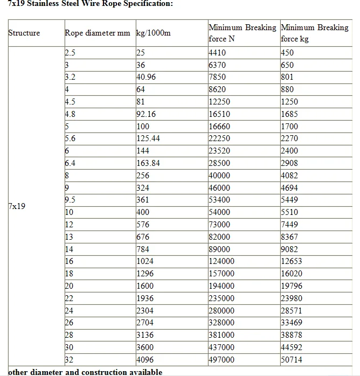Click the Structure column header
click(24, 33)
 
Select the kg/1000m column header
click(154, 33)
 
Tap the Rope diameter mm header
click(98, 33)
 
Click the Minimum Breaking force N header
click(242, 33)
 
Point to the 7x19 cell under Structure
click(17, 206)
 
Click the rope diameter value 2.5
click(70, 52)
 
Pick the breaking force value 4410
click(217, 52)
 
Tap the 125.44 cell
click(148, 138)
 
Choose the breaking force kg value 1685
click(290, 114)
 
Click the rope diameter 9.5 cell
click(70, 200)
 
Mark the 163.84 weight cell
click(148, 163)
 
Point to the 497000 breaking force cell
click(221, 359)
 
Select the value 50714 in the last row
click(292, 359)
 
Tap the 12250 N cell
click(219, 101)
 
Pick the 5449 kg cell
click(290, 200)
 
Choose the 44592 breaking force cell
click(292, 347)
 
